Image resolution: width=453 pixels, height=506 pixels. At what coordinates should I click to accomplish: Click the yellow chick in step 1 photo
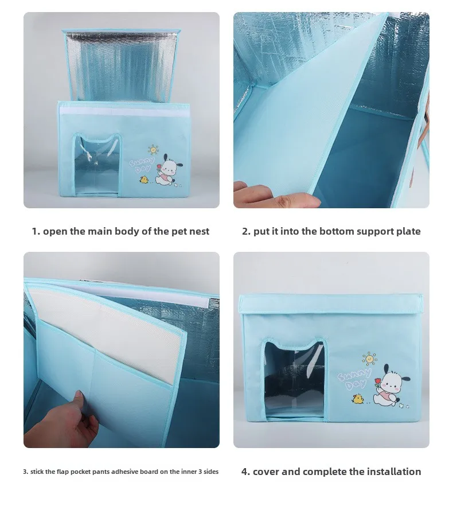point(144,180)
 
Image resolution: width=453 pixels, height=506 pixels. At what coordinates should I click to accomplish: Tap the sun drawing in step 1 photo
point(153,150)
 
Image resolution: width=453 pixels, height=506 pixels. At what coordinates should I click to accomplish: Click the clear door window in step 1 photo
point(96,166)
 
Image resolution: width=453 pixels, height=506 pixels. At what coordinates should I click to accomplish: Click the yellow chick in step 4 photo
point(357,399)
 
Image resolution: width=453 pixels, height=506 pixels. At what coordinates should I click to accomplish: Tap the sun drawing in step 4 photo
point(369,359)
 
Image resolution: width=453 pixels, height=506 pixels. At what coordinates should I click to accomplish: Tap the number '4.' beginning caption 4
point(245,472)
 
